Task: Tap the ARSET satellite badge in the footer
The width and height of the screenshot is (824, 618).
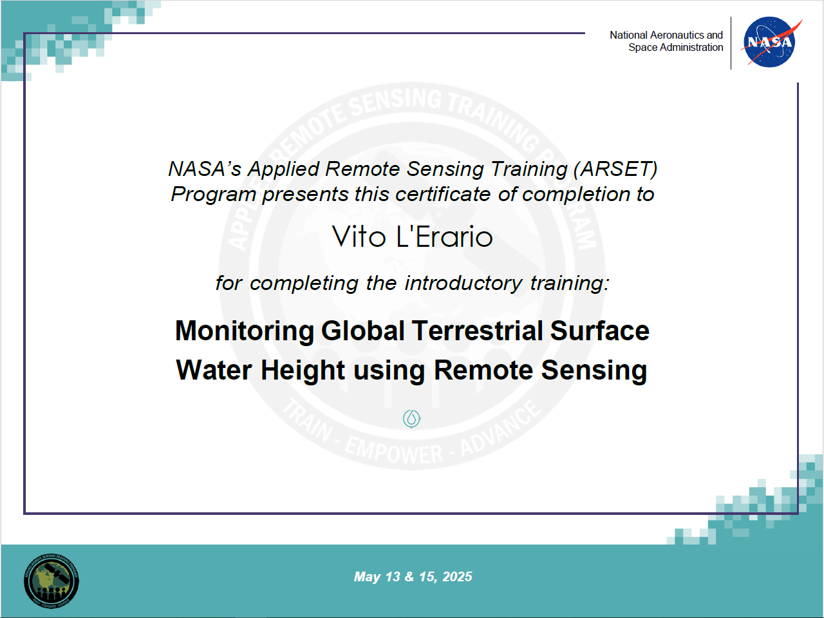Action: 51,581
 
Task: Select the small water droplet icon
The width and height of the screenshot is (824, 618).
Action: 412,418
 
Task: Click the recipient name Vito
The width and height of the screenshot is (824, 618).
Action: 359,237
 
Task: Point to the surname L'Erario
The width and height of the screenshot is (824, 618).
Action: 445,237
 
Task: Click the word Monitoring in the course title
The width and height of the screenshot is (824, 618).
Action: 245,331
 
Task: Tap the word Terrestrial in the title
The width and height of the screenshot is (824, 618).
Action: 477,331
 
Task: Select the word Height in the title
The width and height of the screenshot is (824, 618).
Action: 303,371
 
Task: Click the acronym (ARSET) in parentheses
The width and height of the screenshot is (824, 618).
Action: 615,169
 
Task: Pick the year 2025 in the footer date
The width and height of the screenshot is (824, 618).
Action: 457,577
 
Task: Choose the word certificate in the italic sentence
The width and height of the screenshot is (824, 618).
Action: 443,195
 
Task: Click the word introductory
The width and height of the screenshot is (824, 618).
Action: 464,284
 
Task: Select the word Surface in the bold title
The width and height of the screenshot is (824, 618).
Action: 600,331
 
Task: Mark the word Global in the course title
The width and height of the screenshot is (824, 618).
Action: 362,331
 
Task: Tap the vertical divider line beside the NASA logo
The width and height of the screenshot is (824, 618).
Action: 731,43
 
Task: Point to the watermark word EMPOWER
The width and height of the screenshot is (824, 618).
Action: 394,451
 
